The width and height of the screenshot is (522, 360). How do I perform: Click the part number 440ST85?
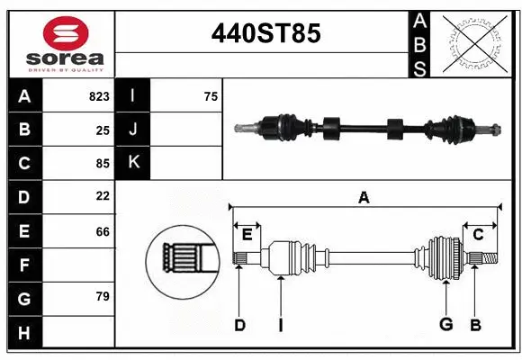[265, 34]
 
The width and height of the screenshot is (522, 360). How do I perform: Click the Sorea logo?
[66, 43]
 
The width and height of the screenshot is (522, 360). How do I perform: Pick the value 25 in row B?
[103, 130]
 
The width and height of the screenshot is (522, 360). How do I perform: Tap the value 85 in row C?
[103, 164]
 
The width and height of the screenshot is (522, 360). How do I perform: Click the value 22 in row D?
[103, 195]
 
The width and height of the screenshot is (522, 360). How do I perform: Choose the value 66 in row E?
[103, 231]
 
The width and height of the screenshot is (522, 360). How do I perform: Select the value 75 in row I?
[211, 96]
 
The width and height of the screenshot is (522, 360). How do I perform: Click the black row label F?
[24, 265]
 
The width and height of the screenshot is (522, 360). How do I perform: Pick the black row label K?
[133, 163]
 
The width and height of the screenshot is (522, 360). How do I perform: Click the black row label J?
[133, 130]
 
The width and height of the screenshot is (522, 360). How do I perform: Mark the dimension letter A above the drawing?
[364, 197]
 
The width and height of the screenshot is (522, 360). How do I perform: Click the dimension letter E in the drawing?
[247, 235]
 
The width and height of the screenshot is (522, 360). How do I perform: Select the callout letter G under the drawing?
[445, 324]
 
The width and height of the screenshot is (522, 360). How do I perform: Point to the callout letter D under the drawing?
[239, 324]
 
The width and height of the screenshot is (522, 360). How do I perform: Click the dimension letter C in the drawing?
[478, 235]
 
